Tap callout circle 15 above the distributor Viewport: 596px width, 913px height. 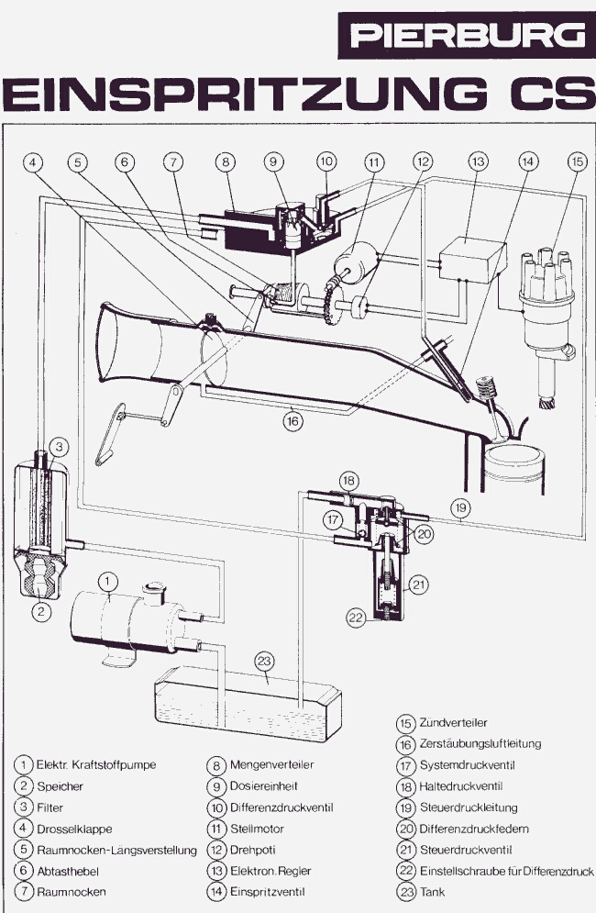pos(576,162)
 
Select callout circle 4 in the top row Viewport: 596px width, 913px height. pos(34,162)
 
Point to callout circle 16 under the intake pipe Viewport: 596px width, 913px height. pos(292,423)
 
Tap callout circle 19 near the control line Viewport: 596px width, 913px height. pos(460,506)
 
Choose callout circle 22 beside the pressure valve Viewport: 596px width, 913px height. pos(355,618)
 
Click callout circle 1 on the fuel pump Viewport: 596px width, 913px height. pos(108,580)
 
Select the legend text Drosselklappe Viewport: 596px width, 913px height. pos(75,829)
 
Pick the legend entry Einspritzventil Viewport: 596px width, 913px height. pos(267,891)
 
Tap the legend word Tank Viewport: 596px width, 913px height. pos(433,891)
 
